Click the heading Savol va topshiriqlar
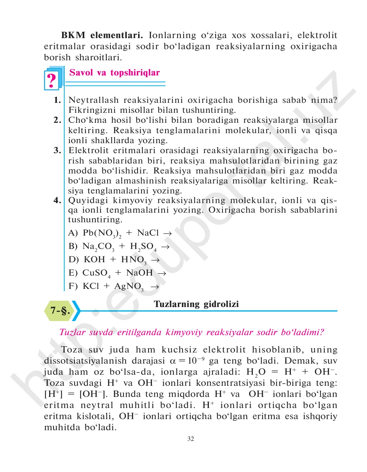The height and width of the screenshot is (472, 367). (115, 73)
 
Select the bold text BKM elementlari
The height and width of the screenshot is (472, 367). (102, 36)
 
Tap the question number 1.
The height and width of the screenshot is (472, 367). (57, 100)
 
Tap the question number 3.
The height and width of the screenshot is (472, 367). (57, 151)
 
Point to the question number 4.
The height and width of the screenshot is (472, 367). (57, 200)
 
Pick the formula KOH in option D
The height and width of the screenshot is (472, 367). (94, 260)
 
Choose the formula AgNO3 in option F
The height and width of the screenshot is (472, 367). (129, 287)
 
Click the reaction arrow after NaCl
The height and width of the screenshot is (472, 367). (167, 234)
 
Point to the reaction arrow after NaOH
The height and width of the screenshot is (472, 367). (162, 273)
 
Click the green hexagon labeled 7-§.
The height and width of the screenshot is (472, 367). (60, 311)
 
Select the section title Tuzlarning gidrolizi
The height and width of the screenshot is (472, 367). (196, 304)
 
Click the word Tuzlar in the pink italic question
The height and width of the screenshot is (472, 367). (73, 332)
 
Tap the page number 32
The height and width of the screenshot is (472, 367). (191, 439)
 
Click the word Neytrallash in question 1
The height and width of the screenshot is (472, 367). (94, 100)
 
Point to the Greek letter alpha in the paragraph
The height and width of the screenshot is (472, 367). (173, 361)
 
